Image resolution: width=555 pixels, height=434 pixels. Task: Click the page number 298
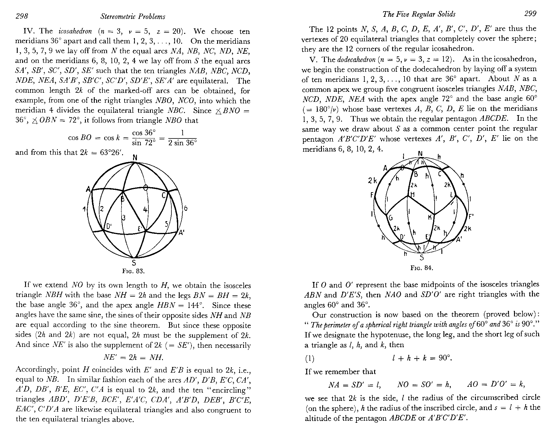22,16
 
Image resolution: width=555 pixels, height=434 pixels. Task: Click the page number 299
530,14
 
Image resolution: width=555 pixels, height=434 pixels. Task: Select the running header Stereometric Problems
132,17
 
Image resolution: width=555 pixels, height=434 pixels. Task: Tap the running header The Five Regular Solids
419,14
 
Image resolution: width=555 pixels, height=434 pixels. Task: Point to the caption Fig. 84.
422,268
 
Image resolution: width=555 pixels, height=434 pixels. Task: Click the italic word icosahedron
75,32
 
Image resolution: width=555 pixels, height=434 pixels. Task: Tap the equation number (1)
310,358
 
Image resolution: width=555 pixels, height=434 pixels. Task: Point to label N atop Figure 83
135,158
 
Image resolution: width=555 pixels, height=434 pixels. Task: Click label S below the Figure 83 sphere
134,263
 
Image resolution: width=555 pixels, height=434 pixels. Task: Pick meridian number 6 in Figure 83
185,208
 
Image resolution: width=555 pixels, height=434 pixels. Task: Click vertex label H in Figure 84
412,194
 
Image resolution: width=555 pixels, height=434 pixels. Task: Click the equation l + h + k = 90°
422,358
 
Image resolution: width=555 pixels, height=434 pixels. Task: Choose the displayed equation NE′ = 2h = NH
133,358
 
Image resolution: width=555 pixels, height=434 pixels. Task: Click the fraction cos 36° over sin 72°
144,138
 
